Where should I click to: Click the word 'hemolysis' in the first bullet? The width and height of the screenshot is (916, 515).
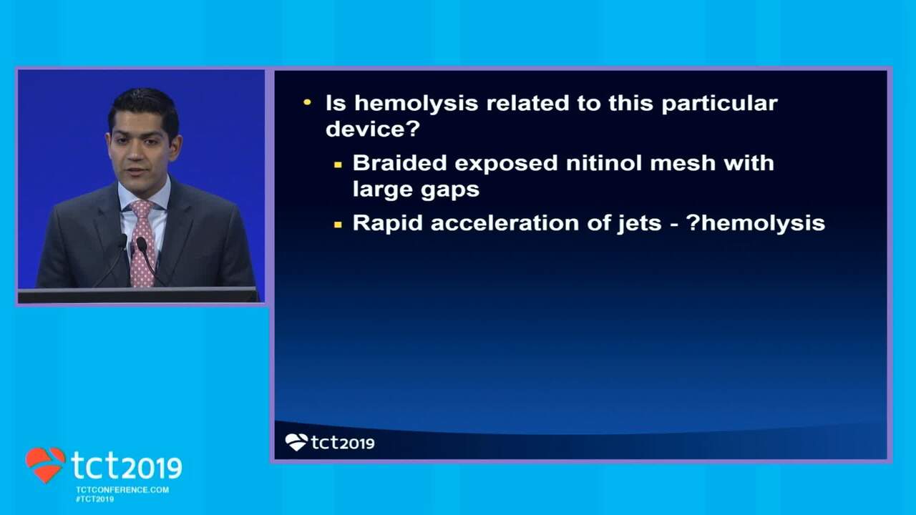(x=416, y=103)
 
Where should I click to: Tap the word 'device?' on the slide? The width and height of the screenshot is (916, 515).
(x=373, y=129)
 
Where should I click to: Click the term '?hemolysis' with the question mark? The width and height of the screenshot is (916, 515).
(x=756, y=224)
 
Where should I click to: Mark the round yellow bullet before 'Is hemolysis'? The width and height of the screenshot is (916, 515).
(x=307, y=102)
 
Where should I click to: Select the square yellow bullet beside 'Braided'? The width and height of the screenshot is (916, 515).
(x=338, y=165)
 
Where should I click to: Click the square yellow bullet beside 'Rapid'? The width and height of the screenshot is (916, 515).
(x=338, y=225)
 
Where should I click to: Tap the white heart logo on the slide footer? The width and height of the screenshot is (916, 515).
(x=296, y=442)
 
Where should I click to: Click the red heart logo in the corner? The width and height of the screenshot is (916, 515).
(x=45, y=465)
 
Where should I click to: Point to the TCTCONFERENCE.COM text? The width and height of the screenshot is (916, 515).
(x=122, y=490)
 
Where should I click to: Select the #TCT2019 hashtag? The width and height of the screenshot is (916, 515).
(x=95, y=499)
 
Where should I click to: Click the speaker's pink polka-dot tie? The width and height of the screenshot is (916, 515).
(x=142, y=244)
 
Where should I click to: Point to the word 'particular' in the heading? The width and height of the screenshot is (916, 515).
(x=719, y=104)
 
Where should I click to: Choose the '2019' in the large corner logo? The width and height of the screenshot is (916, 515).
(x=152, y=468)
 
